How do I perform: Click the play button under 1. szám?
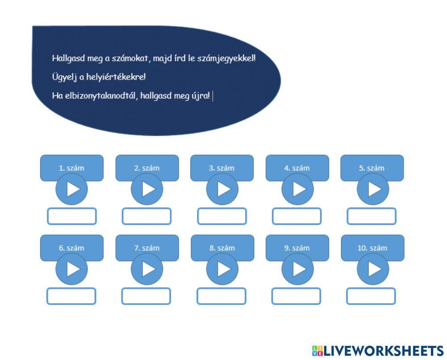point(72,189)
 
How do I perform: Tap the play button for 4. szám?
point(297,189)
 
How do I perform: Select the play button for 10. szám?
point(372,269)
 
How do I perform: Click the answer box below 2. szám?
point(147,216)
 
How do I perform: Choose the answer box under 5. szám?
point(371,216)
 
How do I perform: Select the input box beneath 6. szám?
point(72,296)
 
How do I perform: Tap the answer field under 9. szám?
point(296,296)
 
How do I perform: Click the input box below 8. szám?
point(222,296)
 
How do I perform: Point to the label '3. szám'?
point(222,168)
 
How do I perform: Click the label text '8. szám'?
point(222,248)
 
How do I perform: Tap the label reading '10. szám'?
point(372,248)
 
